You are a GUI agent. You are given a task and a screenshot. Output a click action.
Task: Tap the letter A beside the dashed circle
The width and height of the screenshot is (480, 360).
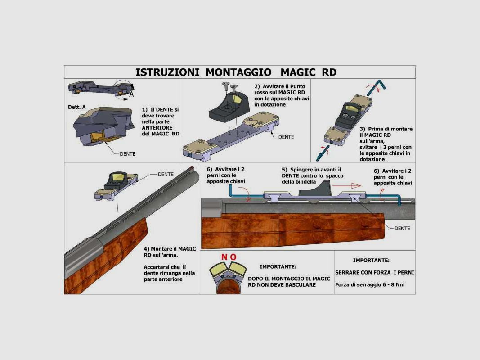point(131,94)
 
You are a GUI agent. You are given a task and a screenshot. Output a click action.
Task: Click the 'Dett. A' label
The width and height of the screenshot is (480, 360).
point(77,107)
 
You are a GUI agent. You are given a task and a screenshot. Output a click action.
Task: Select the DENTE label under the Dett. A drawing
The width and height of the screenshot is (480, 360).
point(127,154)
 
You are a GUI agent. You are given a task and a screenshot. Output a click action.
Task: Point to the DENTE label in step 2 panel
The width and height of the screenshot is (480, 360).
point(286,137)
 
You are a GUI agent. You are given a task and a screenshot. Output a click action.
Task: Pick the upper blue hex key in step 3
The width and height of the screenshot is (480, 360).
point(376,88)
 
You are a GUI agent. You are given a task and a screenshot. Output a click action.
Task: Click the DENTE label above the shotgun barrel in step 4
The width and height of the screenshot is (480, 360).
point(166,175)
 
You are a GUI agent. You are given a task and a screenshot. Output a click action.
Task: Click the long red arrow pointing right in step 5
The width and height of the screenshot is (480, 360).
point(346,185)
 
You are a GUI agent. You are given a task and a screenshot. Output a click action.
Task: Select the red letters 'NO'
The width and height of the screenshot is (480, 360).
point(229,257)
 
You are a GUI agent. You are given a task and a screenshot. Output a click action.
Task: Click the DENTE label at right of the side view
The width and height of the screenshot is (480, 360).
point(402,228)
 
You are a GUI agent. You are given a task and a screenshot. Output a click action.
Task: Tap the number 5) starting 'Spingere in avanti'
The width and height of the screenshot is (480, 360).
point(284,170)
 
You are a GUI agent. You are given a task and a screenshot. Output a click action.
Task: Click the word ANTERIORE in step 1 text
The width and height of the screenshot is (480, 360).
point(157,128)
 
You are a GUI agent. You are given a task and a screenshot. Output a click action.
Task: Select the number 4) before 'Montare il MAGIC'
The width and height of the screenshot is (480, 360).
point(147,249)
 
